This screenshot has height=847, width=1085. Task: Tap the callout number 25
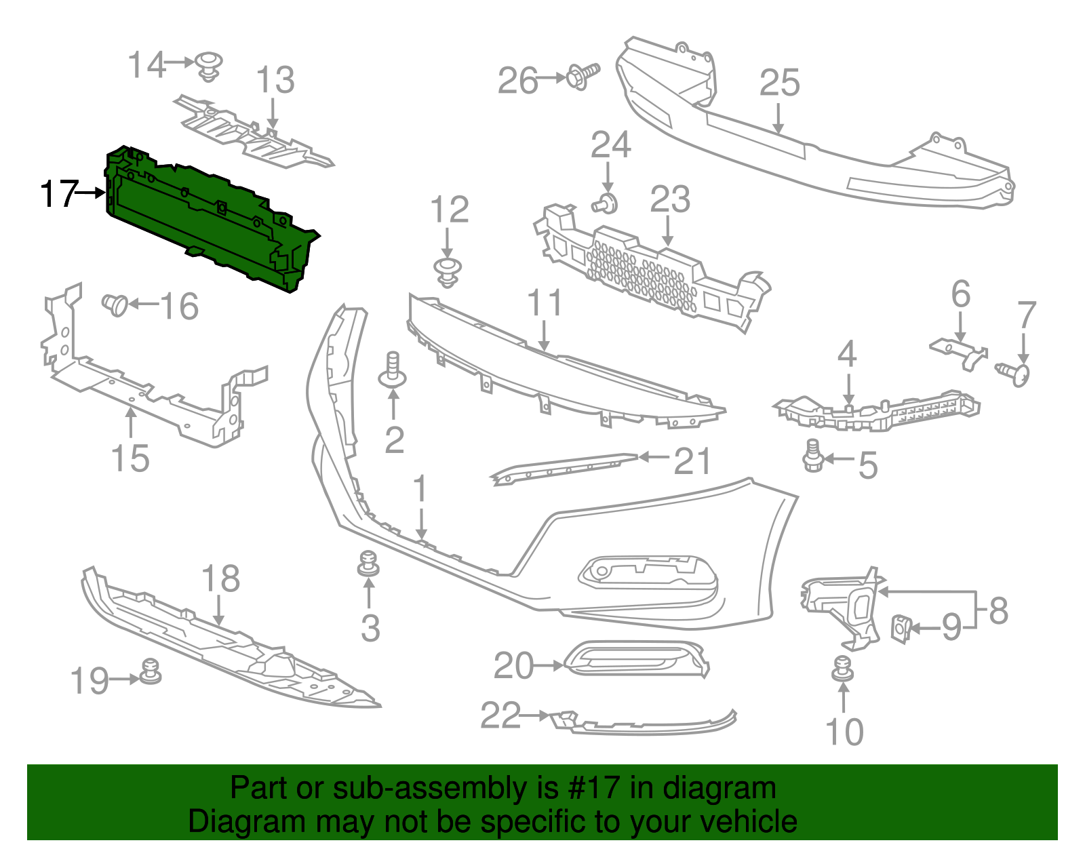click(779, 83)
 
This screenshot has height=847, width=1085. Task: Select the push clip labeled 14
click(210, 66)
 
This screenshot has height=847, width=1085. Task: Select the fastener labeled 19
click(150, 671)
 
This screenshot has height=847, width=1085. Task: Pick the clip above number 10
click(843, 669)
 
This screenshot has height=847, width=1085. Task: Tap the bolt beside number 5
click(812, 456)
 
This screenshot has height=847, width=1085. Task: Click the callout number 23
click(669, 200)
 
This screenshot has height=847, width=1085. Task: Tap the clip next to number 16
click(115, 304)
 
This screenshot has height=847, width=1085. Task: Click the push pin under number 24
click(606, 202)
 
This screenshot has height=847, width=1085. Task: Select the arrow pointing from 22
click(535, 715)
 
